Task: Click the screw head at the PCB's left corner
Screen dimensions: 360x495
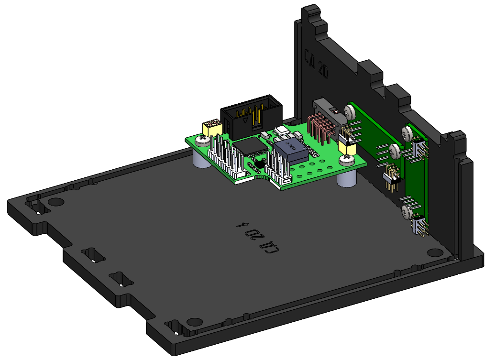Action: coord(202,140)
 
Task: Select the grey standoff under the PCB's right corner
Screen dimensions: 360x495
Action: coord(346,179)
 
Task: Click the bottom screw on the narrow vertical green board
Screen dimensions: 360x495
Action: coord(407,212)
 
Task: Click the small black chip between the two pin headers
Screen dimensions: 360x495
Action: coord(258,164)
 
